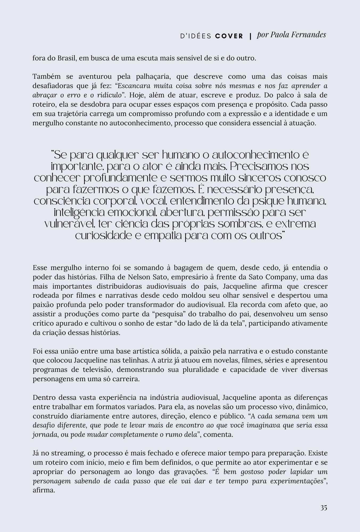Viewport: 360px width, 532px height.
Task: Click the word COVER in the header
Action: pyautogui.click(x=229, y=36)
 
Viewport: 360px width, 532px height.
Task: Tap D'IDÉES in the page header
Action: pyautogui.click(x=196, y=36)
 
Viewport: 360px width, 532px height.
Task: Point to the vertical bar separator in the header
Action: pyautogui.click(x=250, y=36)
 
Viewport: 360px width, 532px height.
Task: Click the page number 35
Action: pyautogui.click(x=324, y=508)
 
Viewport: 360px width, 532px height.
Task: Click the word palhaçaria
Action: pyautogui.click(x=152, y=77)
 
